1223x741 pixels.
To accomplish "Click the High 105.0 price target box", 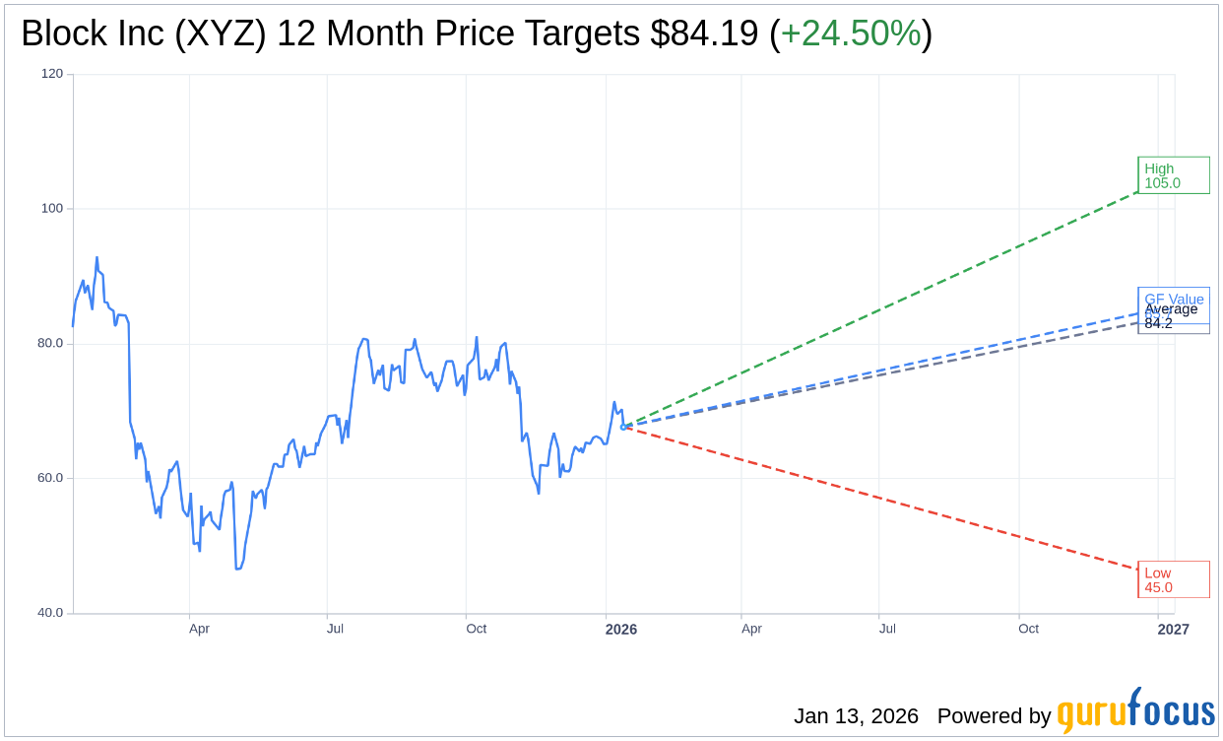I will tap(1173, 175).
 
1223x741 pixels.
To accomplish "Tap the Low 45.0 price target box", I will tap(1173, 579).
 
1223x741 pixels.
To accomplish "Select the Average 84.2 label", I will tap(1171, 316).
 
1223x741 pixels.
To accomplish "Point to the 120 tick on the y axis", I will tap(52, 74).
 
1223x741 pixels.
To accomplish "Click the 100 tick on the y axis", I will tap(52, 209).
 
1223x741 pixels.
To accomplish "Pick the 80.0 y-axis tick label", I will tap(50, 344).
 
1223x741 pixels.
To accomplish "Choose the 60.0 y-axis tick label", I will tap(50, 478).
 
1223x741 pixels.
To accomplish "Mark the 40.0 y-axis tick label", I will tap(50, 613).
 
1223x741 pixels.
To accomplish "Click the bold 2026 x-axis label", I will tap(620, 630).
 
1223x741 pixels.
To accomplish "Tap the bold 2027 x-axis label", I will tap(1173, 630).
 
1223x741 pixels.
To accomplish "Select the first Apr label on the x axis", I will tap(199, 629).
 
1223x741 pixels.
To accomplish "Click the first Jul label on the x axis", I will tap(335, 629).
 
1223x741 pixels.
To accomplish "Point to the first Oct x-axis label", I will tap(476, 629).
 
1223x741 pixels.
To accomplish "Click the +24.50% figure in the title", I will tap(850, 34).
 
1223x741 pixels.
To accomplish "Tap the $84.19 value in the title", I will tap(704, 34).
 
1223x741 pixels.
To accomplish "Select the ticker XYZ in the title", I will tap(223, 34).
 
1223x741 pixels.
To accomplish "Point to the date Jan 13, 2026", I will tap(856, 716).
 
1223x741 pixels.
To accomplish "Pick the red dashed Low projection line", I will tap(886, 500).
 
